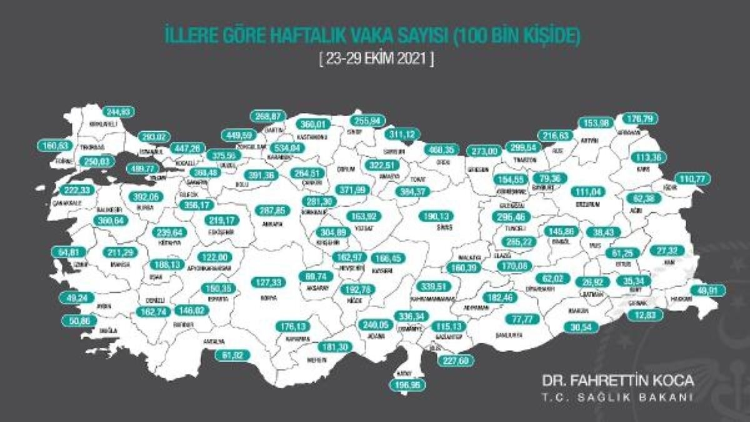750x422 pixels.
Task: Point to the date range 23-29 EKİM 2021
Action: pyautogui.click(x=375, y=61)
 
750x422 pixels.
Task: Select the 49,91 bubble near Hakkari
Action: pyautogui.click(x=709, y=290)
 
